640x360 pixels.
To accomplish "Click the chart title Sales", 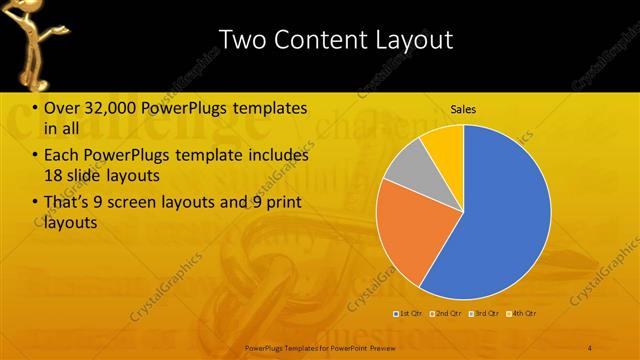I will click(x=463, y=108).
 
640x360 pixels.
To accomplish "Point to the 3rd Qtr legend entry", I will click(x=483, y=314).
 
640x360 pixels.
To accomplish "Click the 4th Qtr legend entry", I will click(x=522, y=314).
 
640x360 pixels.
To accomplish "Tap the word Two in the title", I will click(x=241, y=40).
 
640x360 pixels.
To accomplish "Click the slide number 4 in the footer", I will click(x=591, y=347).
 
